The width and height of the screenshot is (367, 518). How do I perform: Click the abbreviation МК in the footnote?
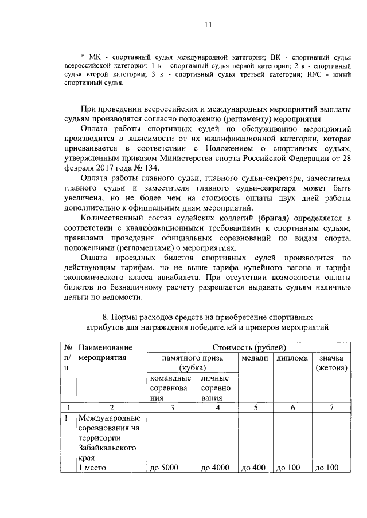point(93,57)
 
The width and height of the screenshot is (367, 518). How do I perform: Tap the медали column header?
point(255,358)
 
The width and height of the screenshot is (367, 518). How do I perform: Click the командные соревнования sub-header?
point(170,388)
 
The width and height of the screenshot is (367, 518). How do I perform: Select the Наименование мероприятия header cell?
point(106,353)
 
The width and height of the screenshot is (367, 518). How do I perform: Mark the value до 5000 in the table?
point(164,468)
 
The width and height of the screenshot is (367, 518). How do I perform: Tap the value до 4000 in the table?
point(215,468)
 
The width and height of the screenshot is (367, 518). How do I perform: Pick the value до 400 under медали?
point(253,468)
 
